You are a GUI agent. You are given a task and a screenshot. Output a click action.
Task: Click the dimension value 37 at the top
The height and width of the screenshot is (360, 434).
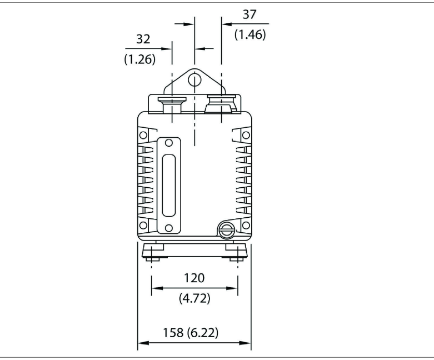tap(250, 14)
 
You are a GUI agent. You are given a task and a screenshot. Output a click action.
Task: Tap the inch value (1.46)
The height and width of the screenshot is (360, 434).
tap(250, 34)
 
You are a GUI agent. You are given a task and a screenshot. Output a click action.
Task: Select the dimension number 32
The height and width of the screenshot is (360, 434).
tap(143, 39)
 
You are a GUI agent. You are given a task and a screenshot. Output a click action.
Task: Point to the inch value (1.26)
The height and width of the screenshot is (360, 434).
tap(140, 59)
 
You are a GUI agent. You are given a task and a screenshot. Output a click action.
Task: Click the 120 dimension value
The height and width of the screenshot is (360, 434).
tap(194, 278)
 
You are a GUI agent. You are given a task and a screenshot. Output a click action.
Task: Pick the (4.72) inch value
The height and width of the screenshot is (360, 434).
tap(194, 298)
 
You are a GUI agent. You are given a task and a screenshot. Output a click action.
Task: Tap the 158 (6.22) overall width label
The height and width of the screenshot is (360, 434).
tap(191, 332)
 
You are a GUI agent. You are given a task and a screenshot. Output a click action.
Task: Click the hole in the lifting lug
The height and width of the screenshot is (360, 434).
tap(194, 80)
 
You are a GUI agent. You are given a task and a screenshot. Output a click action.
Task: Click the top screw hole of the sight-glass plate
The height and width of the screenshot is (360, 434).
tap(168, 143)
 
